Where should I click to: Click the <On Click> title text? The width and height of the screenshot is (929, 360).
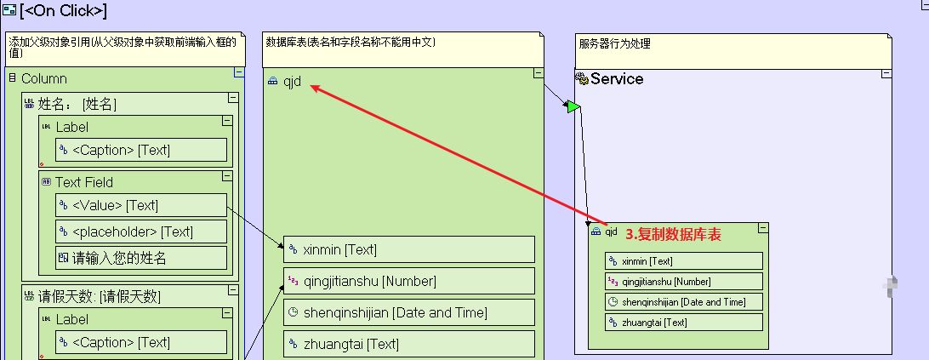pyautogui.click(x=63, y=11)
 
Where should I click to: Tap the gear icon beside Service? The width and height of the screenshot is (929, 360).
pyautogui.click(x=582, y=79)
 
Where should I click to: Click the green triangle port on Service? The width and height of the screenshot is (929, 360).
pyautogui.click(x=573, y=106)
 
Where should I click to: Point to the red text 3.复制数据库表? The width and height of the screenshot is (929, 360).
pyautogui.click(x=673, y=234)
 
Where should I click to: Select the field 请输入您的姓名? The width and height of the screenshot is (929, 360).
pyautogui.click(x=141, y=258)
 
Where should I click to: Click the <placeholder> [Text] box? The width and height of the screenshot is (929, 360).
pyautogui.click(x=141, y=231)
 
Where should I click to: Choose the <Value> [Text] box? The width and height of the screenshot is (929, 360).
pyautogui.click(x=141, y=205)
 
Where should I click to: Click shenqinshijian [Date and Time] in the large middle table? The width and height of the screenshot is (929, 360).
pyautogui.click(x=408, y=313)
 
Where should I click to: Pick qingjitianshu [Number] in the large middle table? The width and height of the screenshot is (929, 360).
pyautogui.click(x=408, y=282)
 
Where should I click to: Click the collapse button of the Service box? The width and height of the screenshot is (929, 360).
pyautogui.click(x=886, y=73)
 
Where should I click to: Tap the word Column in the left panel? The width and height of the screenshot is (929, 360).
pyautogui.click(x=44, y=78)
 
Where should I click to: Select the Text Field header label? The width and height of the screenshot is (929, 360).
pyautogui.click(x=84, y=182)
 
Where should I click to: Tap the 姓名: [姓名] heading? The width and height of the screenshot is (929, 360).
pyautogui.click(x=77, y=105)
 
